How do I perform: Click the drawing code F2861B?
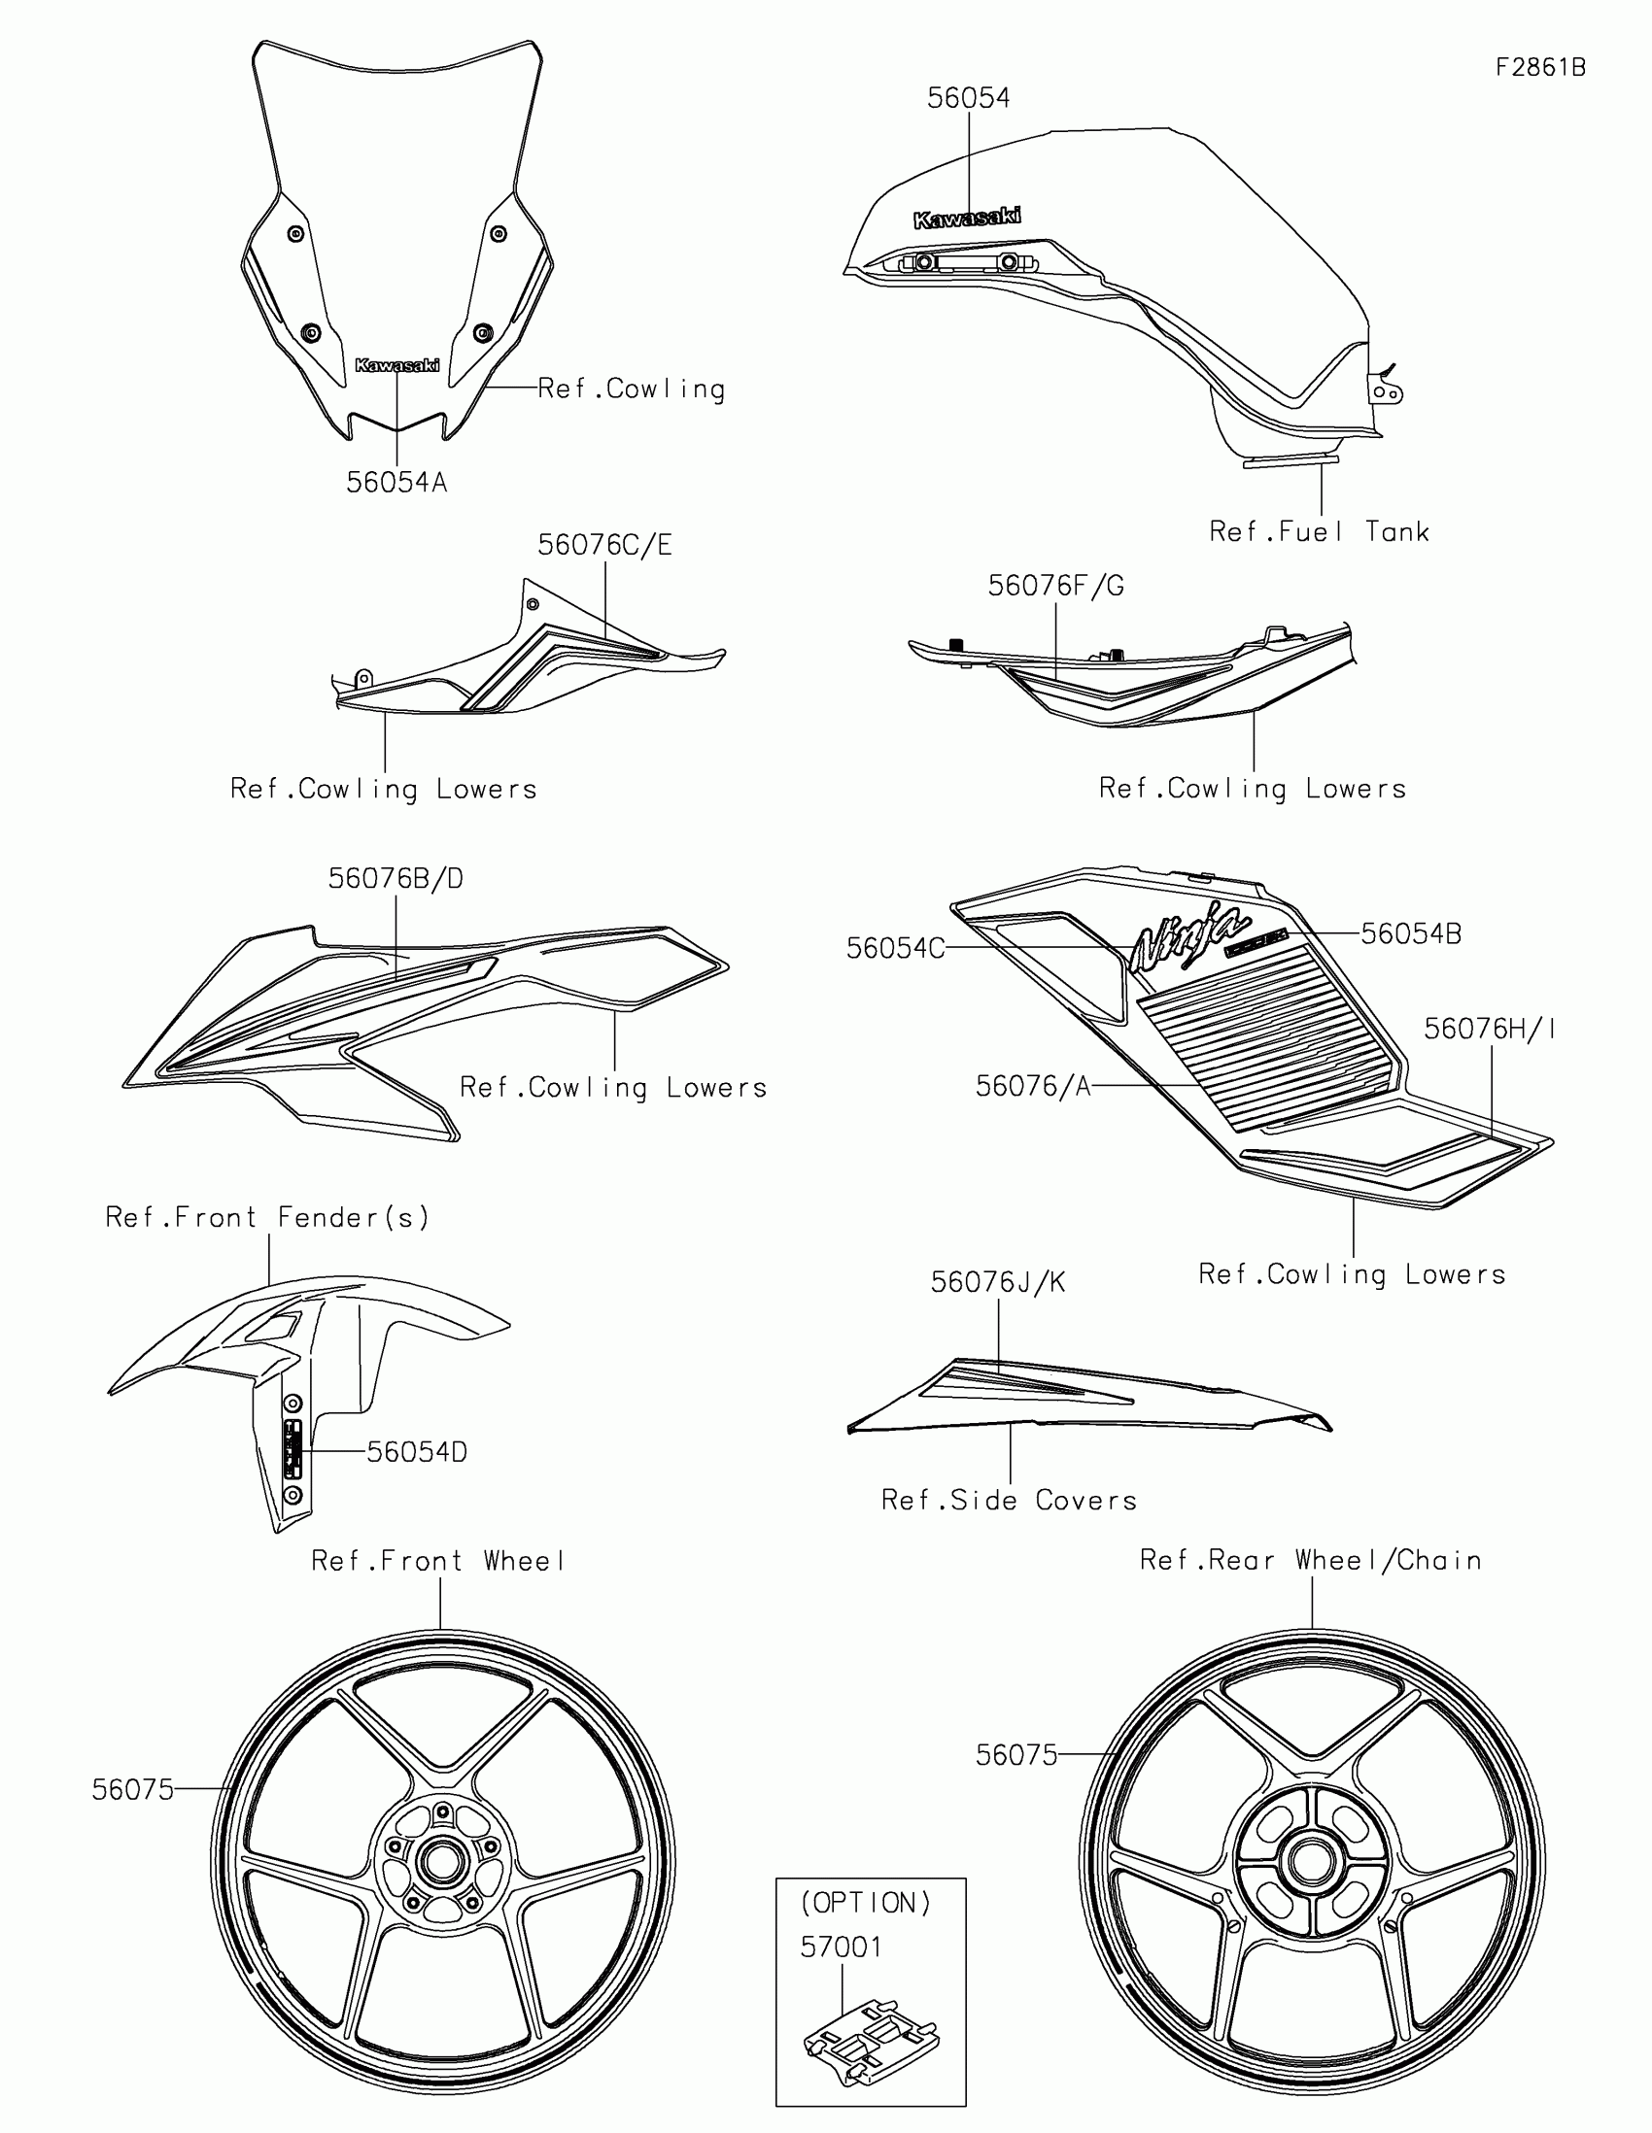1540,67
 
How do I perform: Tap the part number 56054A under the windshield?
396,483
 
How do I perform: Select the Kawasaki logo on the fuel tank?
967,218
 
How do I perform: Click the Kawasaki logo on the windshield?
396,365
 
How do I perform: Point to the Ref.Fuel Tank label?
1319,532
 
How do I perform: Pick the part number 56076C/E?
604,545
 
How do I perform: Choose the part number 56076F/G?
1055,586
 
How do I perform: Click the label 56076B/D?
396,879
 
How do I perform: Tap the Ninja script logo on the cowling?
1187,936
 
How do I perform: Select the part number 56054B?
1411,934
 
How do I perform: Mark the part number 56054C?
895,948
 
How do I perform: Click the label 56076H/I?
1490,1030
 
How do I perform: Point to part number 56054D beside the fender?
417,1452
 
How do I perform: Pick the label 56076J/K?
997,1282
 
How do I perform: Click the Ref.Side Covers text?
1009,1500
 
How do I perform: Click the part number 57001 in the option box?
842,1947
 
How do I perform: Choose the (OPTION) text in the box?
866,1903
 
